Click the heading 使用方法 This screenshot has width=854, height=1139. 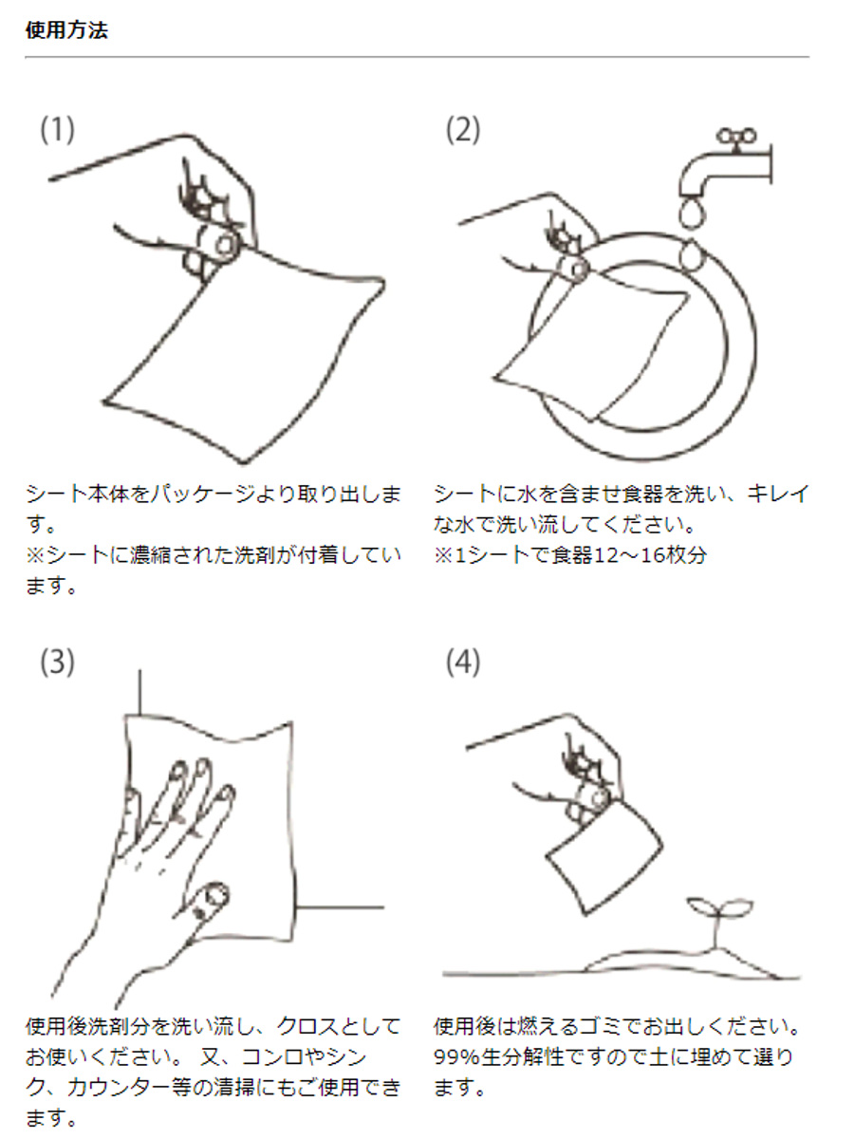65,29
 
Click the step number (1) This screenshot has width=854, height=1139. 56,130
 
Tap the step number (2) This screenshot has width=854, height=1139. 463,130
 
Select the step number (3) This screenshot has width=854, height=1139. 56,663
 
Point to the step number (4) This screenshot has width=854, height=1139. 463,663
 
